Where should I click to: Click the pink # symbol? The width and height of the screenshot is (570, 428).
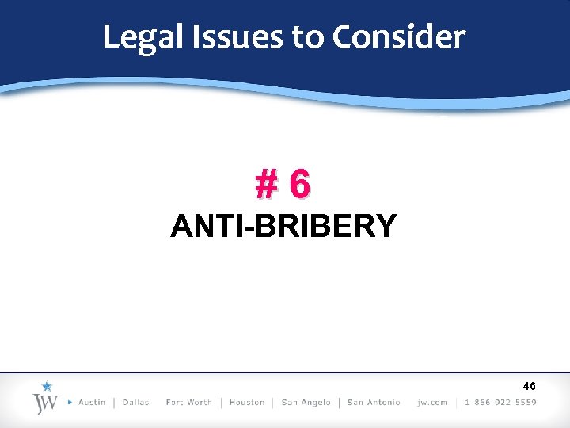267,185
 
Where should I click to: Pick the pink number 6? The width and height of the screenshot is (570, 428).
299,185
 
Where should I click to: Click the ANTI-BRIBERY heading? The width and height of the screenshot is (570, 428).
283,227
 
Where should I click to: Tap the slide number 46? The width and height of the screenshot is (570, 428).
529,386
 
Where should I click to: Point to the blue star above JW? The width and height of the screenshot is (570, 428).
46,387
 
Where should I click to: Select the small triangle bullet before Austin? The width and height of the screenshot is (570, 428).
70,403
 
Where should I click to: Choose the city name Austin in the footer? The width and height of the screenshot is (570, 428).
92,403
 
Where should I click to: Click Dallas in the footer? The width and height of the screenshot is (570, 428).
136,403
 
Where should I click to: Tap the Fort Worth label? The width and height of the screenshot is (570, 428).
189,403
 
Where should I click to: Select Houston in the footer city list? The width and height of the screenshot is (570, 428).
246,403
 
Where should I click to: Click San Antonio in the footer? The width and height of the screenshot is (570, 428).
374,403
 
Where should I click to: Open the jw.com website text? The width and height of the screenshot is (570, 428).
431,403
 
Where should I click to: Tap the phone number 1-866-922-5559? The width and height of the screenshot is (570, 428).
500,403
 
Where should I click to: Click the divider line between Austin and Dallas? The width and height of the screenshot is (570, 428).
114,403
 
